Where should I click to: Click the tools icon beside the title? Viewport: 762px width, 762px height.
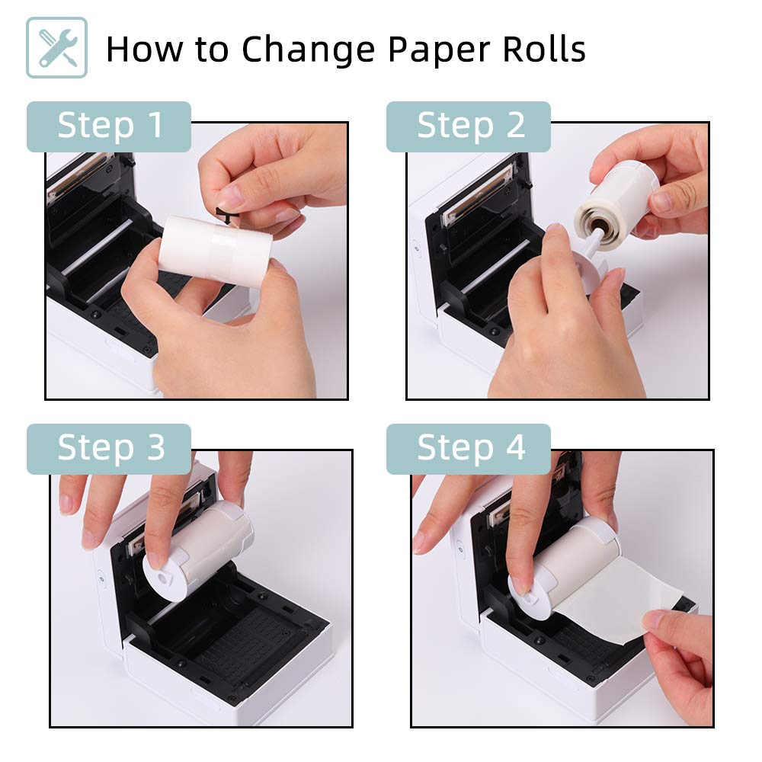[57, 47]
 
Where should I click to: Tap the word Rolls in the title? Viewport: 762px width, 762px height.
[544, 49]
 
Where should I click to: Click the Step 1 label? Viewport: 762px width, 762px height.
[109, 126]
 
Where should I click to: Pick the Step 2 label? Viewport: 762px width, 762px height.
[469, 126]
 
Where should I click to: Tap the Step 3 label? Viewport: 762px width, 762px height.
[109, 449]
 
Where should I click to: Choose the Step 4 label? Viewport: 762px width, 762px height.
[469, 449]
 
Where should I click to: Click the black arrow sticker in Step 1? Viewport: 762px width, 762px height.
[226, 216]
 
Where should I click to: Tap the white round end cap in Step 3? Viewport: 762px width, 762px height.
[165, 578]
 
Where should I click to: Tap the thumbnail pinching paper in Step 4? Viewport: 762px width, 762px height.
[654, 620]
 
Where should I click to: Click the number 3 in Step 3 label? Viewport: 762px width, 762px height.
[156, 447]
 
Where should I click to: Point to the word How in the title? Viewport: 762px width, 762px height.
[145, 49]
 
